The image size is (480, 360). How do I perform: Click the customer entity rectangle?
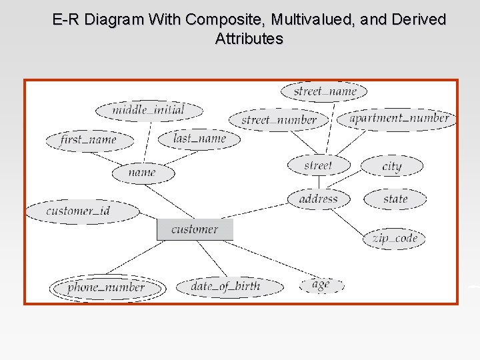point(195,229)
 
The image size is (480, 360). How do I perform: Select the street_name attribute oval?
point(325,91)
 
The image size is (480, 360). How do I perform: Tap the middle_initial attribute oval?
point(149,110)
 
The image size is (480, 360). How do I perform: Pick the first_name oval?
point(89,140)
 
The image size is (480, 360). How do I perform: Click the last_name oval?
point(199,139)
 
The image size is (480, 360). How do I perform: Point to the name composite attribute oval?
point(143,173)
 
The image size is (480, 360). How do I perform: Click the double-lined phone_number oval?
point(107,287)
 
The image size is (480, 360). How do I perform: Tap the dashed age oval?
point(321,285)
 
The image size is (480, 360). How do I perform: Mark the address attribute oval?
point(319,199)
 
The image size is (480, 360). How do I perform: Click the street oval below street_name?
point(319,165)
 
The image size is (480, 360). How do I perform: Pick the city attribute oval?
point(392,166)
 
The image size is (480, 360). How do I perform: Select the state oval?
point(395,199)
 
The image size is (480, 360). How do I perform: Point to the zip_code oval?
point(394,238)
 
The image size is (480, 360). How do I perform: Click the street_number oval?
point(279,121)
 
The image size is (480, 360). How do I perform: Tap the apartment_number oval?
point(399,119)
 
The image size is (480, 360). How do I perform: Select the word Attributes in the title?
point(249,39)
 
